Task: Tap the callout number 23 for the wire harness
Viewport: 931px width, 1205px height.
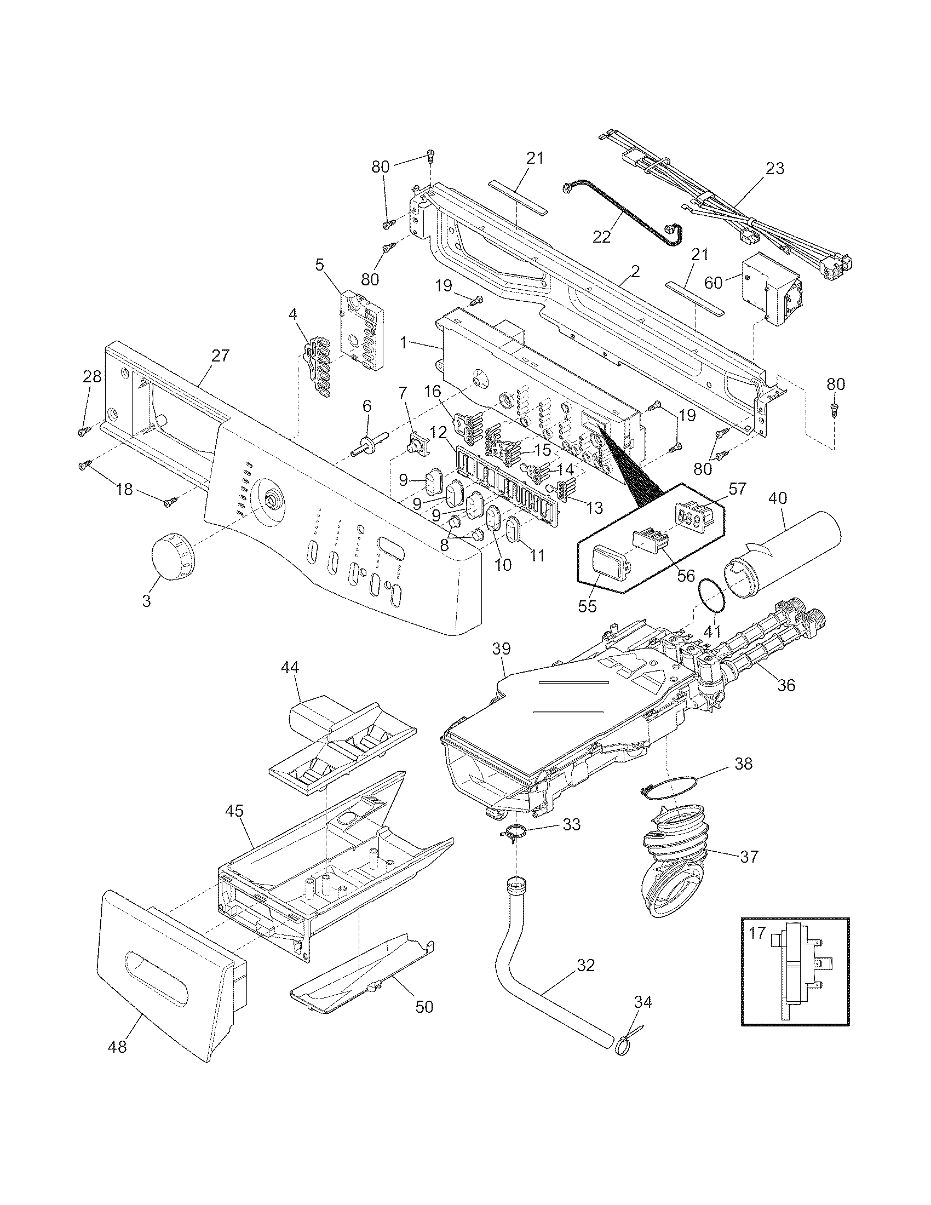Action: coord(775,168)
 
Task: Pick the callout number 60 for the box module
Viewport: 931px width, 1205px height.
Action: coord(713,283)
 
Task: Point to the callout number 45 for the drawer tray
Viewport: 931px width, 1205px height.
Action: coord(234,811)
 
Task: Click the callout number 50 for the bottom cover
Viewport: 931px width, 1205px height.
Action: coord(424,1006)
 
